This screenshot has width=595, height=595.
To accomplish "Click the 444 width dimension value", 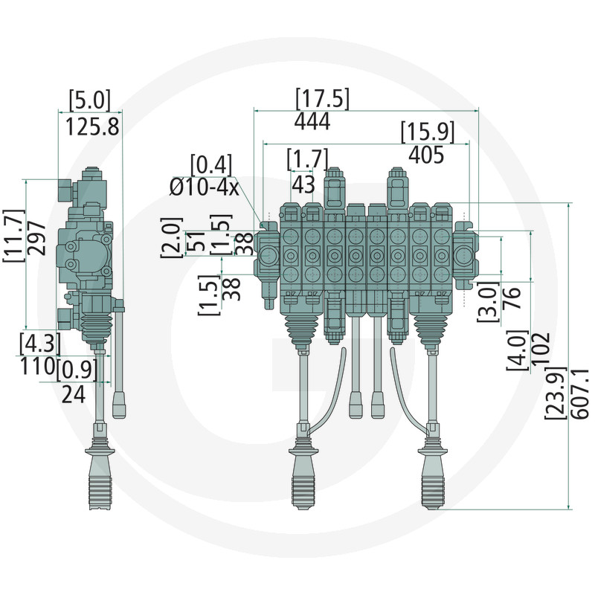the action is point(312,121).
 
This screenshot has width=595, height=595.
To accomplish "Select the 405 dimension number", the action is point(426,155).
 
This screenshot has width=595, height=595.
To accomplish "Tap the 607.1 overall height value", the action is point(579,394).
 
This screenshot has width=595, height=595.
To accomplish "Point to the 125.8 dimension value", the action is point(92,126).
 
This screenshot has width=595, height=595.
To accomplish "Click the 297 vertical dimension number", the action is point(36,238).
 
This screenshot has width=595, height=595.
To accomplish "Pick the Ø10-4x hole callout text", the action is point(204,187).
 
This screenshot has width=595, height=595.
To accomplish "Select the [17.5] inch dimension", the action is point(322,99).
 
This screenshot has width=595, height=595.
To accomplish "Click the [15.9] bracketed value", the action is point(428,132).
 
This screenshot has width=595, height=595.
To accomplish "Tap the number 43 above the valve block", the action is point(303,184).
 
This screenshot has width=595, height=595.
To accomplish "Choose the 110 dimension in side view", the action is point(37,366).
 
